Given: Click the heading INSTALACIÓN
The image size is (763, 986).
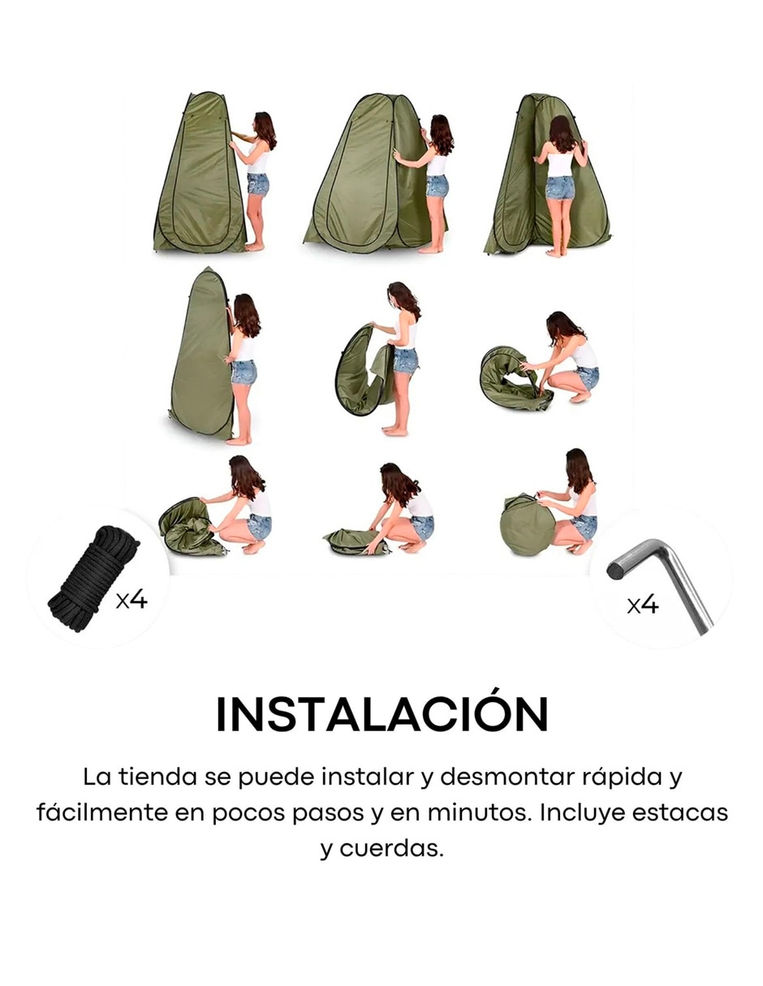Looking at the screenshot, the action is pyautogui.click(x=381, y=714).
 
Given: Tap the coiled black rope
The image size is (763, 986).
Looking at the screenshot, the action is pyautogui.click(x=94, y=578).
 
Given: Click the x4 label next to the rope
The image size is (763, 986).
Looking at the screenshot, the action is pyautogui.click(x=131, y=600).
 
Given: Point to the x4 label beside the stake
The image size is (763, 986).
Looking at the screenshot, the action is pyautogui.click(x=642, y=605).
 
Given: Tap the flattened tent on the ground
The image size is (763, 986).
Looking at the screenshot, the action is pyautogui.click(x=356, y=540).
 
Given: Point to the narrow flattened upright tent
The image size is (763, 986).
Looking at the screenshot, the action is pyautogui.click(x=202, y=351).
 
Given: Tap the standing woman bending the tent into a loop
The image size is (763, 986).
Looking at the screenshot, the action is pyautogui.click(x=399, y=359).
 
